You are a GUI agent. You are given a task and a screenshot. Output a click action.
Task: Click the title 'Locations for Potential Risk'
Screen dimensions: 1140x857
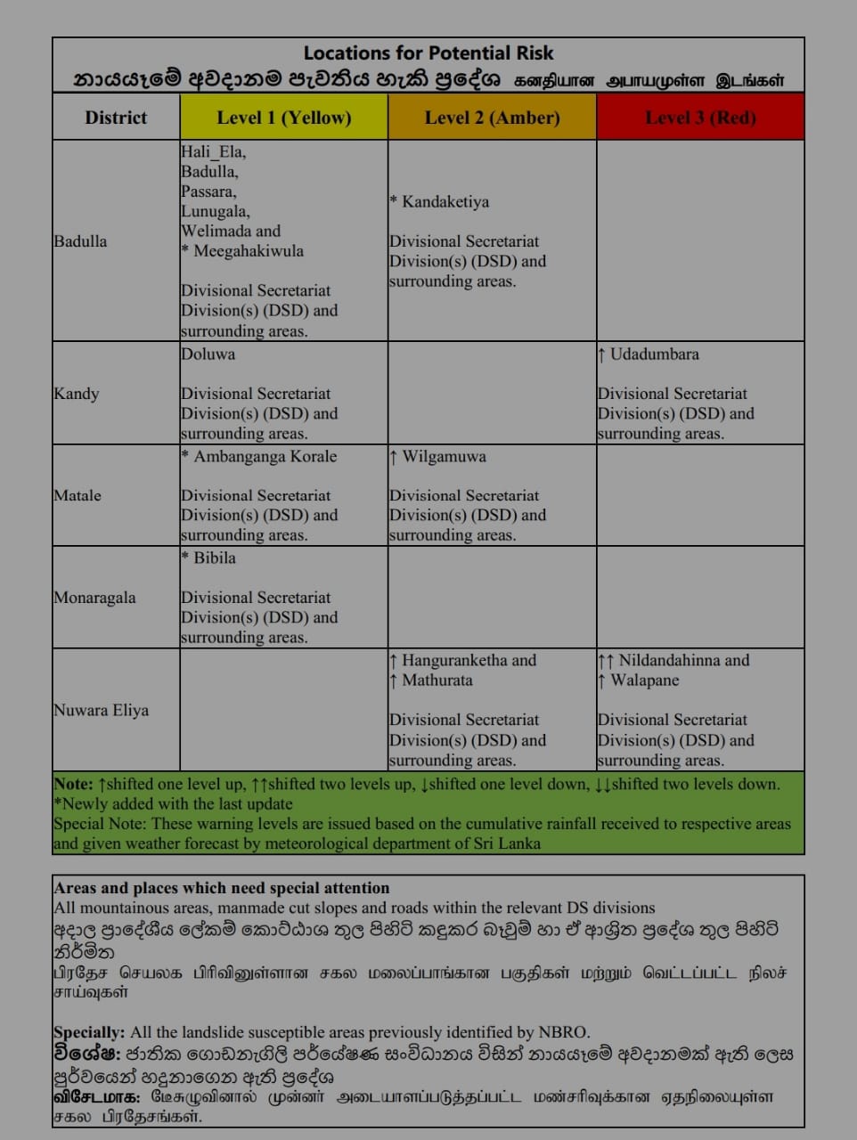pyautogui.click(x=428, y=53)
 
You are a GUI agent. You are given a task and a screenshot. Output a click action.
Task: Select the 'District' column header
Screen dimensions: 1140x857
pyautogui.click(x=116, y=118)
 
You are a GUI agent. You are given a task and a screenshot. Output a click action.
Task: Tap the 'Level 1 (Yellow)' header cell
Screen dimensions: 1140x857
pyautogui.click(x=284, y=118)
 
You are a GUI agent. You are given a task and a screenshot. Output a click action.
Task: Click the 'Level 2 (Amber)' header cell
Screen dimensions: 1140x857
pyautogui.click(x=492, y=118)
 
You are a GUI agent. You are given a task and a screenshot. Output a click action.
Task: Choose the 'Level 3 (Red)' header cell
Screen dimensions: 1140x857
pyautogui.click(x=700, y=118)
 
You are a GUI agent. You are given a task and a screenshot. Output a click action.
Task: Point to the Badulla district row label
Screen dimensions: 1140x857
pyautogui.click(x=80, y=241)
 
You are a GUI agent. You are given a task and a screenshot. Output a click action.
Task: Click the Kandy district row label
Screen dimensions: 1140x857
pyautogui.click(x=77, y=394)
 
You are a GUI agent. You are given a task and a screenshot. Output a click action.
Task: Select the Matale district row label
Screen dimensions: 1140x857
pyautogui.click(x=78, y=495)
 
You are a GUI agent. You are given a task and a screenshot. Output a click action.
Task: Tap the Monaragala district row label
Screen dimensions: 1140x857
pyautogui.click(x=94, y=598)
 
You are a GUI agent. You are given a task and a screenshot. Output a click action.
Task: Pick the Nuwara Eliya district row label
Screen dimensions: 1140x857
pyautogui.click(x=101, y=710)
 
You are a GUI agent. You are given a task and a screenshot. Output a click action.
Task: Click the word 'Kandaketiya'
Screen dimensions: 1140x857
pyautogui.click(x=445, y=202)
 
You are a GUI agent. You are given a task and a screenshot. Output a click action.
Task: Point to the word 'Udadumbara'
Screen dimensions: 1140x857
pyautogui.click(x=655, y=354)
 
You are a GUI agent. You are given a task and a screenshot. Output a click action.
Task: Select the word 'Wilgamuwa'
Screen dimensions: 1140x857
pyautogui.click(x=444, y=457)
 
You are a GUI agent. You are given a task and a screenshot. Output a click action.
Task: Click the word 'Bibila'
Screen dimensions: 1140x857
pyautogui.click(x=215, y=558)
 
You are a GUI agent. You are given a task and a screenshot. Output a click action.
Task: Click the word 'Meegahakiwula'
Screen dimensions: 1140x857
pyautogui.click(x=249, y=251)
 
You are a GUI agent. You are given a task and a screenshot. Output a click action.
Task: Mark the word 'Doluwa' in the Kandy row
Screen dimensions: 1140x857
pyautogui.click(x=208, y=354)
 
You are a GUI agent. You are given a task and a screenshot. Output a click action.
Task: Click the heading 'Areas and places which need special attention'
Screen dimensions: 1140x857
pyautogui.click(x=222, y=888)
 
